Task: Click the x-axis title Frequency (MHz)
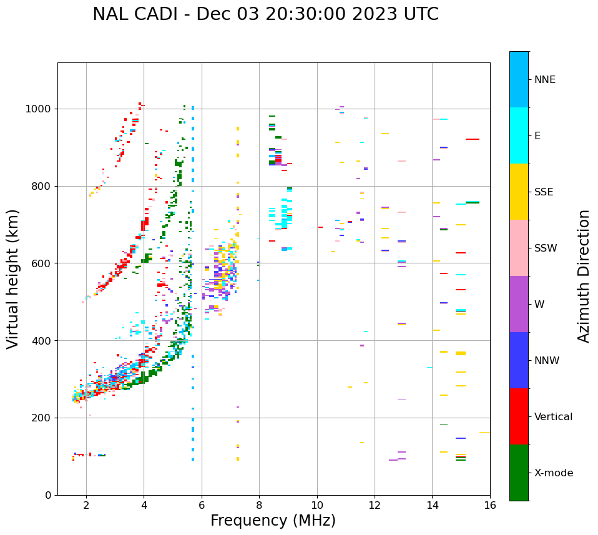coord(273,521)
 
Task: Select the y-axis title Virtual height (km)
coord(13,278)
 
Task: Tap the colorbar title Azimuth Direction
coord(584,275)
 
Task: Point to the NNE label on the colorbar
coord(544,80)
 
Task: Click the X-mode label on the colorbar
coord(553,473)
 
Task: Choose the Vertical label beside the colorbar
coord(553,417)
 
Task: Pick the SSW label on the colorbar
coord(546,248)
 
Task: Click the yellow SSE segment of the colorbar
coord(519,191)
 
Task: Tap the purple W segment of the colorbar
coord(519,303)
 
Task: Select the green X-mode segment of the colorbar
coord(519,473)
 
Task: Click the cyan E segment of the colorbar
coord(519,135)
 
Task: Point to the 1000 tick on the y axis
coord(39,109)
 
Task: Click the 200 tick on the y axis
coord(43,418)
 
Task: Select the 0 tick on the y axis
coord(47,495)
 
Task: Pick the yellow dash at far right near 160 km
coord(484,432)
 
